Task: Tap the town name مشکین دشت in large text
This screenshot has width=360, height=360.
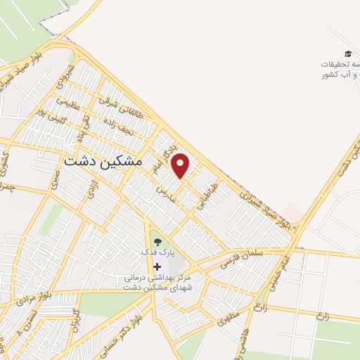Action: (103, 161)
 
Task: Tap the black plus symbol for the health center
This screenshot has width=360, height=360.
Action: (157, 266)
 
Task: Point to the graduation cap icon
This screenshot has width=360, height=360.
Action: (347, 54)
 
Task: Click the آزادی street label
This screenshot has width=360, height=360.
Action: (90, 188)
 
